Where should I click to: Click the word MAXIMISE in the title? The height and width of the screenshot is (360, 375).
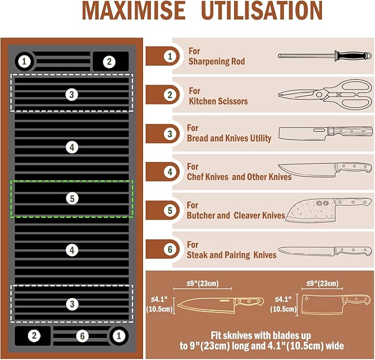pyautogui.click(x=134, y=11)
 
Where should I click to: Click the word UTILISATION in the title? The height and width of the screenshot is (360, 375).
pyautogui.click(x=262, y=11)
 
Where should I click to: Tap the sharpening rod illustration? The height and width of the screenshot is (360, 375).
pyautogui.click(x=325, y=56)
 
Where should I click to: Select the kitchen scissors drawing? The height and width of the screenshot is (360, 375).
pyautogui.click(x=325, y=95)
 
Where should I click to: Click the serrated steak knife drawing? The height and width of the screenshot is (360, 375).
pyautogui.click(x=325, y=251)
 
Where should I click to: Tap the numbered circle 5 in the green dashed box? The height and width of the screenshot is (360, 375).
pyautogui.click(x=72, y=199)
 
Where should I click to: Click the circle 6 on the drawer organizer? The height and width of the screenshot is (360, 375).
pyautogui.click(x=82, y=336)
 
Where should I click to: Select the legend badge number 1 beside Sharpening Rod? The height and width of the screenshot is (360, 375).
pyautogui.click(x=170, y=56)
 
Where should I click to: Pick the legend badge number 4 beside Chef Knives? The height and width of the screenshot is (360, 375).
pyautogui.click(x=170, y=172)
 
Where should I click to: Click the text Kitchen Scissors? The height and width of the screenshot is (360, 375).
pyautogui.click(x=218, y=101)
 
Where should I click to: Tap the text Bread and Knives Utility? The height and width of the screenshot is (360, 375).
pyautogui.click(x=229, y=138)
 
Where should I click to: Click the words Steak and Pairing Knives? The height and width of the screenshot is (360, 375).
pyautogui.click(x=231, y=255)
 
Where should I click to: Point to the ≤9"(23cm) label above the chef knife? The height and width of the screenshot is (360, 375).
pyautogui.click(x=203, y=284)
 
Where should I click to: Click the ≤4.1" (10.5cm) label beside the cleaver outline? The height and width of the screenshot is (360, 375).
pyautogui.click(x=283, y=304)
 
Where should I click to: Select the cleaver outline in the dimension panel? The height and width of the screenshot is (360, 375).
pyautogui.click(x=336, y=304)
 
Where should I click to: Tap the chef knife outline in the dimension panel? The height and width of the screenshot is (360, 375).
pyautogui.click(x=220, y=305)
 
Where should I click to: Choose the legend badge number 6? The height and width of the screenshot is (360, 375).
pyautogui.click(x=170, y=249)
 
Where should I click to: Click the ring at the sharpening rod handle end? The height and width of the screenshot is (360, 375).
pyautogui.click(x=369, y=56)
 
